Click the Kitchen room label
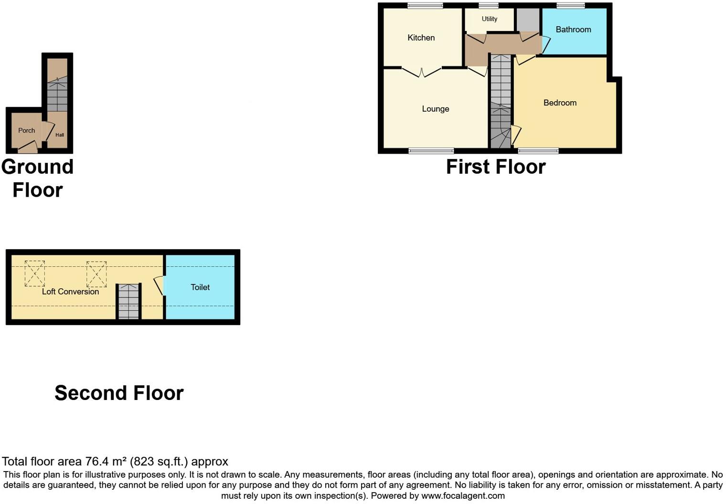tap(421, 38)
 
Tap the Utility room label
tap(490, 19)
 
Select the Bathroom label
tap(573, 30)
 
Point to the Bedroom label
tap(560, 103)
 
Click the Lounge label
tap(436, 109)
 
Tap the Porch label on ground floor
tap(27, 131)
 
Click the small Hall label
tap(60, 135)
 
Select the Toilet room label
tap(200, 287)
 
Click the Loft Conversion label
tap(70, 292)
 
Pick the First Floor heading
tap(496, 167)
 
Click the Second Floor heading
tap(119, 393)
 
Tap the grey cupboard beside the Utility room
tap(528, 20)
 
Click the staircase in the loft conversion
tap(128, 302)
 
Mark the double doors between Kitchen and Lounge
tap(422, 73)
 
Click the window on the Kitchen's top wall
tap(425, 6)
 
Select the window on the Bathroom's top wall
tap(571, 6)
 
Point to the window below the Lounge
tap(431, 151)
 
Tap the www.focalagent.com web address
tap(463, 496)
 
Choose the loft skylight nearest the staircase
tap(96, 274)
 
